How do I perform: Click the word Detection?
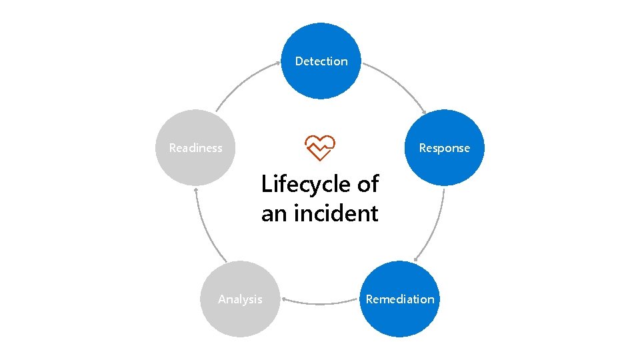(321, 61)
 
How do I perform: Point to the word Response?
(444, 148)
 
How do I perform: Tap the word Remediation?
(400, 299)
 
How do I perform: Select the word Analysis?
(240, 299)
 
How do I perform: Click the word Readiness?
(195, 148)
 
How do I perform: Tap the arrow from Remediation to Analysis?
(320, 304)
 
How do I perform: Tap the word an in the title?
(275, 214)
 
